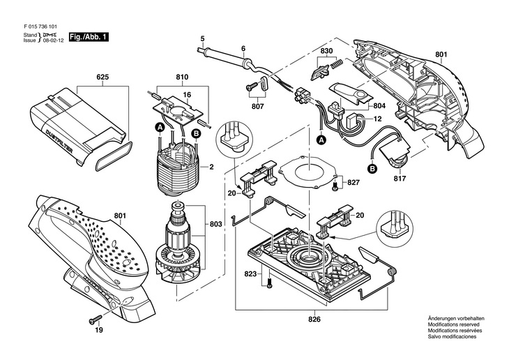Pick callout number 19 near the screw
coord(98,331)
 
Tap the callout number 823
coord(251,273)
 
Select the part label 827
coord(354,183)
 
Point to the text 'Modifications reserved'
coord(453,324)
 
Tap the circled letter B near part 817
coord(372,168)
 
